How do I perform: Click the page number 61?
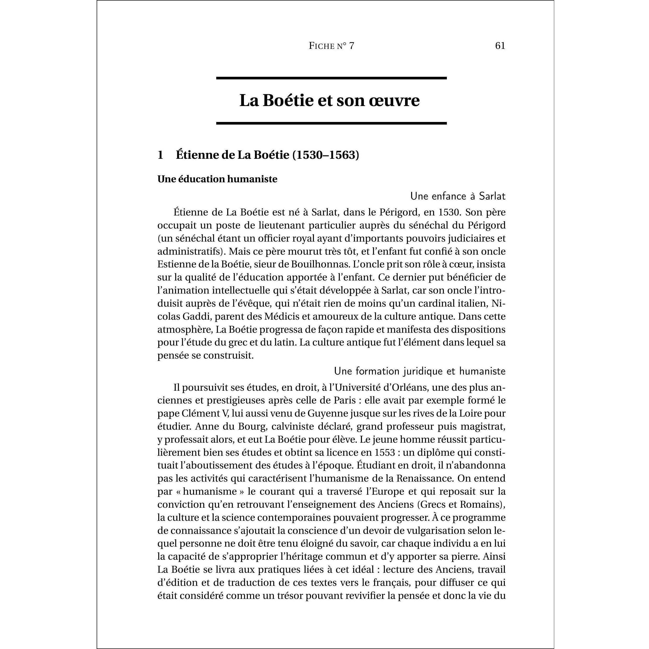pos(500,46)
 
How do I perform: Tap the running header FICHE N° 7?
pos(331,46)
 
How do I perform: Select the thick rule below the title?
pos(331,123)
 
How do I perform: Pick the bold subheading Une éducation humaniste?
pos(217,179)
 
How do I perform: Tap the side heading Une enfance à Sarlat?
pos(458,196)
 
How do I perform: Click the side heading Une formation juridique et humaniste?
pos(420,371)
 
